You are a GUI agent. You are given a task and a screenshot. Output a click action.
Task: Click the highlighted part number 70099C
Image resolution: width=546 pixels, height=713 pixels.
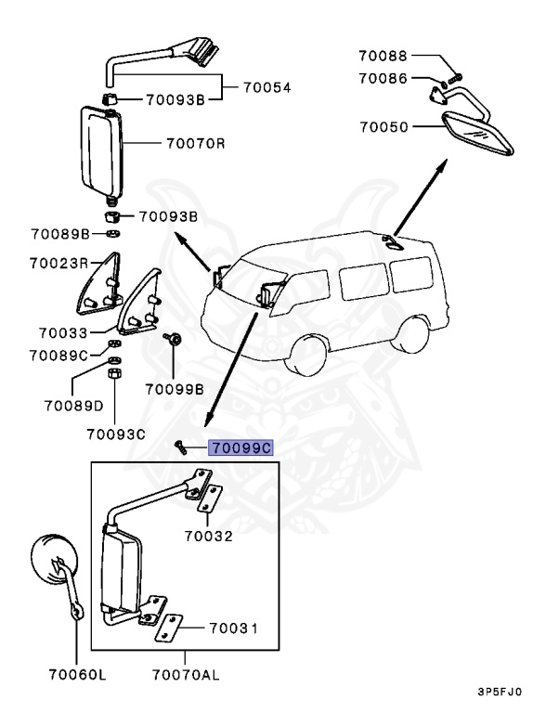point(240,447)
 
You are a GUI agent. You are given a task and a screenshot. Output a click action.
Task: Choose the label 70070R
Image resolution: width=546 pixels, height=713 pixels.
point(195,144)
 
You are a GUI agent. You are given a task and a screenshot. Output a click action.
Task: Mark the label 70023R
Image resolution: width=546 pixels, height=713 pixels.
point(58,263)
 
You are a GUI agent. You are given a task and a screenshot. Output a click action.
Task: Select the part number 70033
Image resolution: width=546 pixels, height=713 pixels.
point(62,331)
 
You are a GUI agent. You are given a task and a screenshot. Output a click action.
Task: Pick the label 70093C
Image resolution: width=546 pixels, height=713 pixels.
point(116,433)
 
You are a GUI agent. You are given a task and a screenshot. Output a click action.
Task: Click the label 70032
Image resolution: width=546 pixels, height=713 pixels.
point(208,536)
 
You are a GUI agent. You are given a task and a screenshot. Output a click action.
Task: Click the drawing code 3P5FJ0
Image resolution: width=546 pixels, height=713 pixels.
point(500,692)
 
